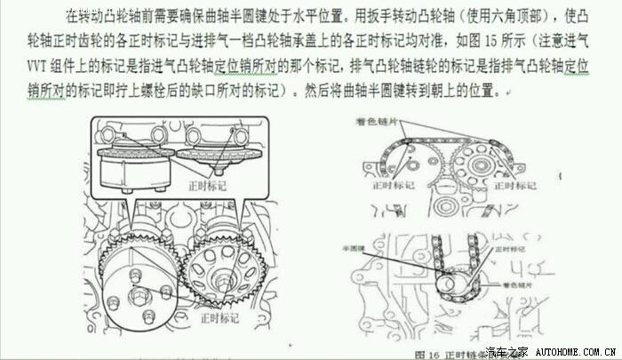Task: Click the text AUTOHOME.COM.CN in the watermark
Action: [x=571, y=352]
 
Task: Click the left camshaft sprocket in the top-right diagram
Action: [x=414, y=161]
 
